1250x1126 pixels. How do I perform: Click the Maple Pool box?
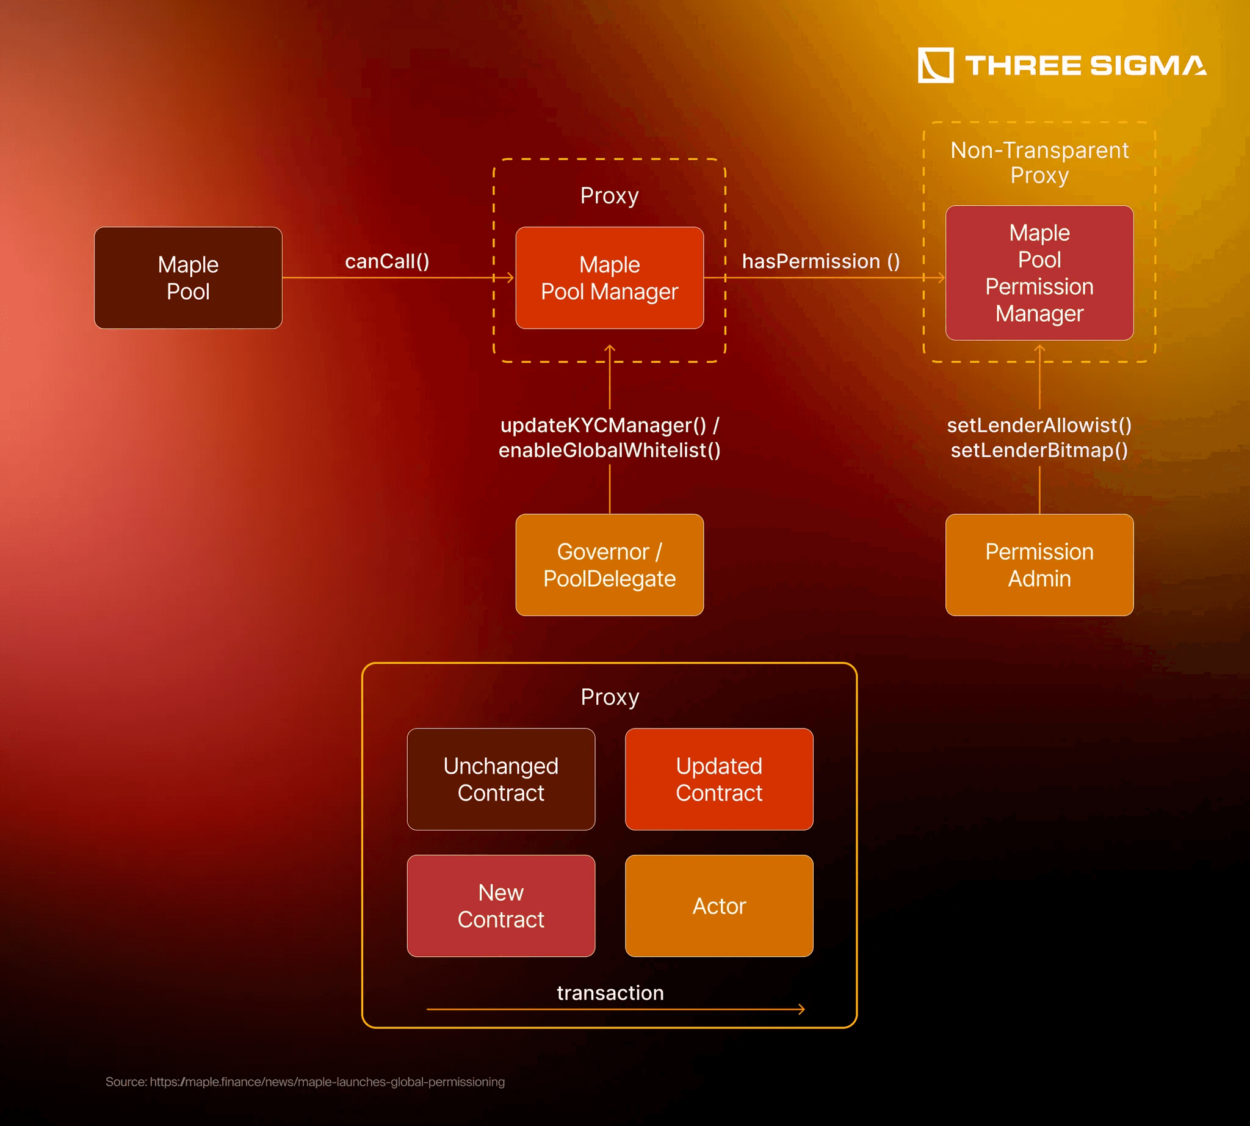click(188, 278)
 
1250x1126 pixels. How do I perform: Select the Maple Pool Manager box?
click(609, 278)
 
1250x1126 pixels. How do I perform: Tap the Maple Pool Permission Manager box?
click(1039, 273)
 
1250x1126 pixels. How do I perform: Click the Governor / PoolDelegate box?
click(609, 565)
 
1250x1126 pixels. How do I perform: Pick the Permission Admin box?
click(1039, 565)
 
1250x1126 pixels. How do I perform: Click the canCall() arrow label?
click(387, 261)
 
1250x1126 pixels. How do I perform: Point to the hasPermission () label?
click(821, 261)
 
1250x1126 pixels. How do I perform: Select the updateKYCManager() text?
click(603, 425)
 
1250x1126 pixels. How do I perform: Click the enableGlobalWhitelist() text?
click(609, 451)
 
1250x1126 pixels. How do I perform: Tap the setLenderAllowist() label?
click(1039, 425)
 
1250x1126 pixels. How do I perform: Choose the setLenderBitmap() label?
click(1039, 451)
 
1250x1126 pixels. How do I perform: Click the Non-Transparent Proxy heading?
click(1039, 162)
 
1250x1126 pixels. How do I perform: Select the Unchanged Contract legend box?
click(501, 779)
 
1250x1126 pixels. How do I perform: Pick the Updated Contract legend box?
click(719, 779)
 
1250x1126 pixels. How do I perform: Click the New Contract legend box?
click(501, 906)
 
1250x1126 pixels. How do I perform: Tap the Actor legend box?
click(719, 906)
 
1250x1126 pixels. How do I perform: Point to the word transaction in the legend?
click(610, 993)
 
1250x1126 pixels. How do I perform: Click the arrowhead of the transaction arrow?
click(802, 1009)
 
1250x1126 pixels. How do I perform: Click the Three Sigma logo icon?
click(935, 65)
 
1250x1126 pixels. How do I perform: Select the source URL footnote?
click(305, 1082)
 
